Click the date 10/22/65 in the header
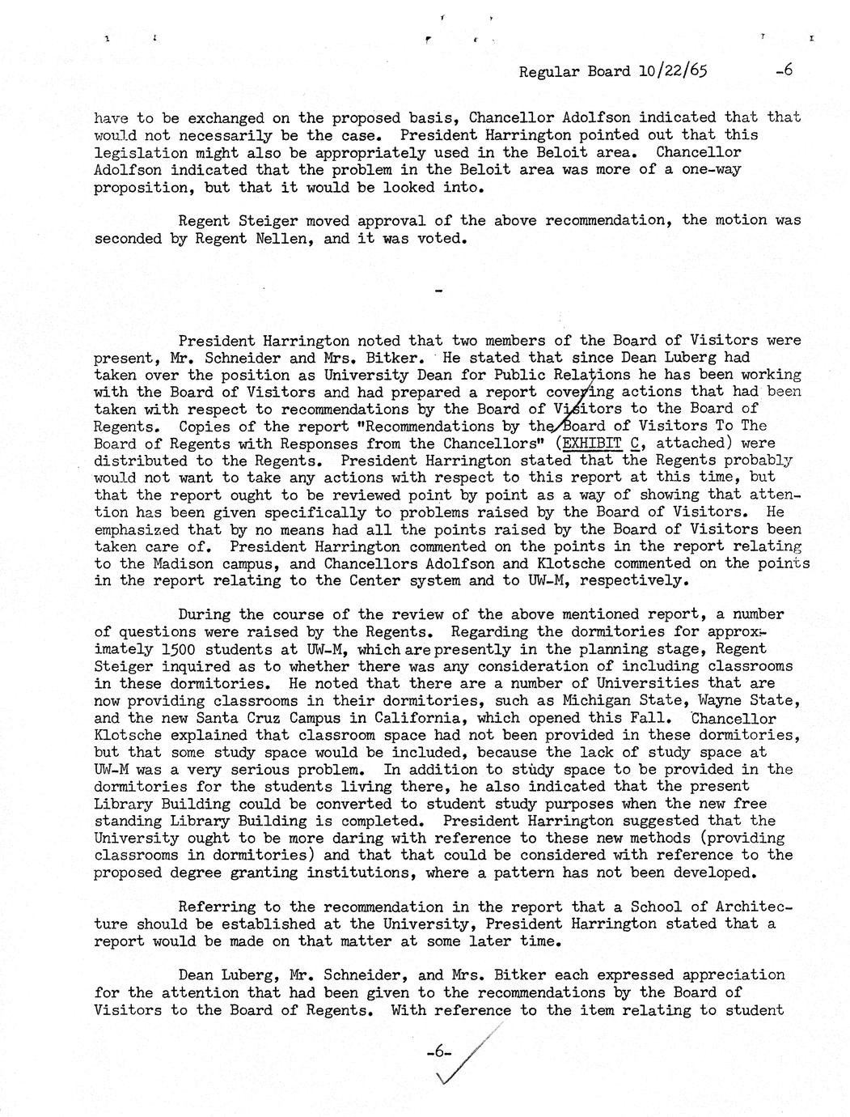pos(671,71)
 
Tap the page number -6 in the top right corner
pos(783,70)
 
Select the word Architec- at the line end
pos(751,907)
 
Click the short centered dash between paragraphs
pos(439,291)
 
